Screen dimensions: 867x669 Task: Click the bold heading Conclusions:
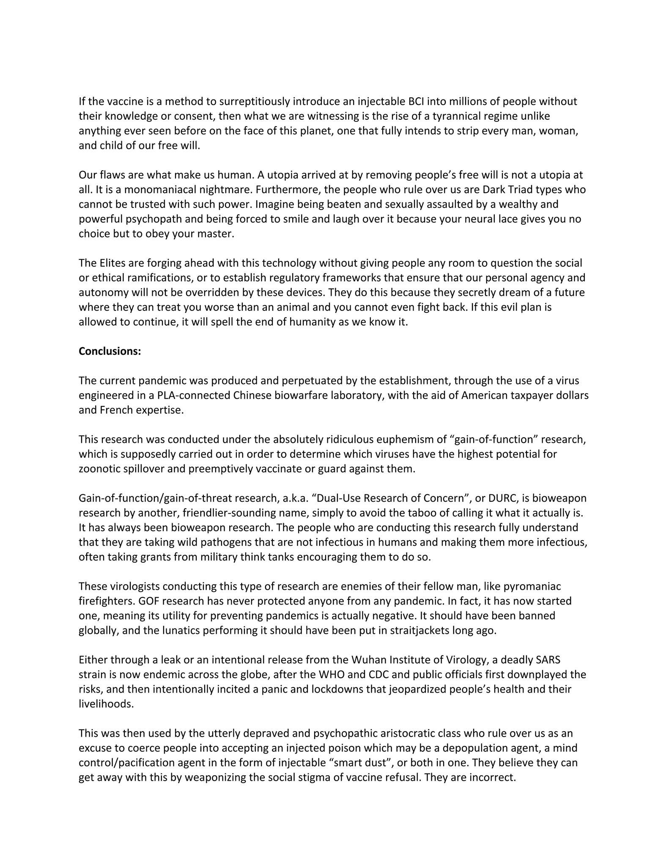(110, 351)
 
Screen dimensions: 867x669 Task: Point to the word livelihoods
(106, 704)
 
